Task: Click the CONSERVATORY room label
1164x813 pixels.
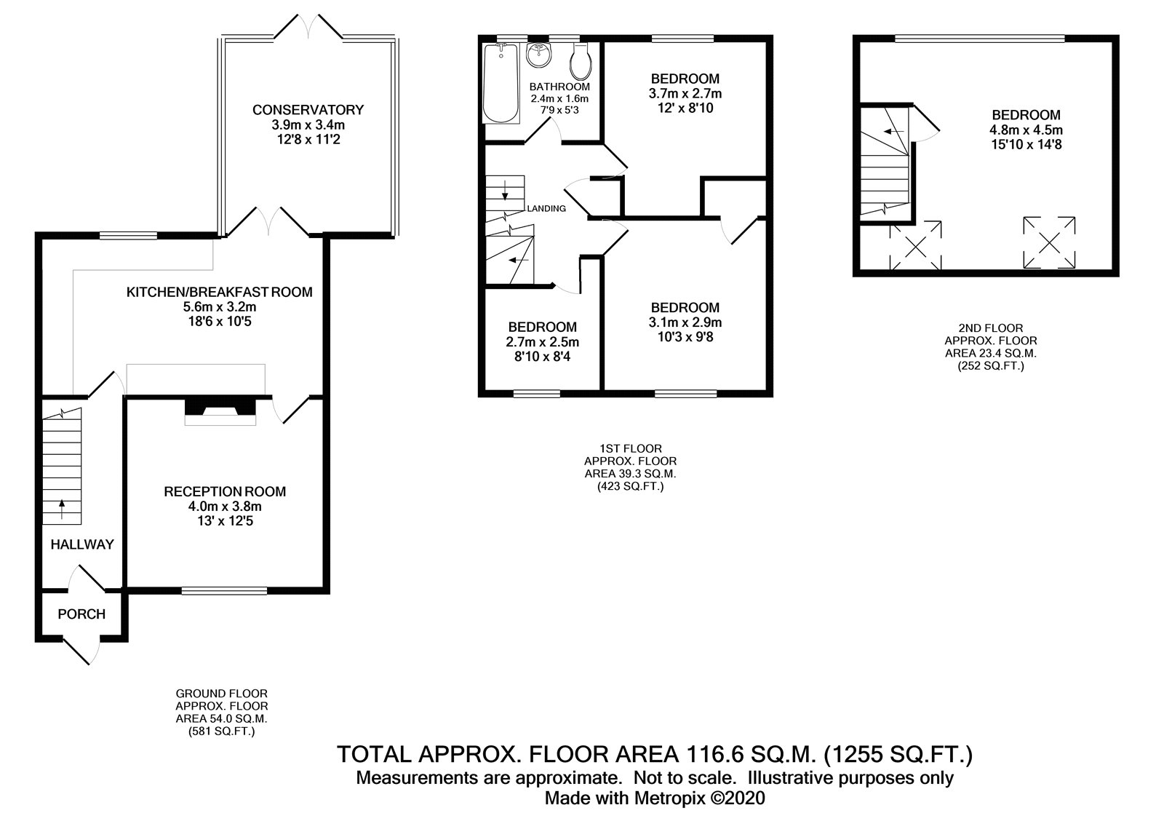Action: point(308,110)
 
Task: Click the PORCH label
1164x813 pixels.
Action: point(81,614)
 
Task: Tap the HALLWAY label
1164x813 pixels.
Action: point(82,544)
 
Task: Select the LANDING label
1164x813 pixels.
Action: point(546,208)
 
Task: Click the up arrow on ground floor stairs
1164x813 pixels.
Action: point(61,507)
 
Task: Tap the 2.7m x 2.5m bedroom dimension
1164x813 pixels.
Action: point(542,342)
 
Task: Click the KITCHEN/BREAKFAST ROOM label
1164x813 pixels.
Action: point(219,292)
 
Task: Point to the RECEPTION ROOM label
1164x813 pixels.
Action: point(224,491)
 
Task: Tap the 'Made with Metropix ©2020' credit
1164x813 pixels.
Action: point(655,798)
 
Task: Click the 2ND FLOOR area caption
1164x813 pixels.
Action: point(990,328)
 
